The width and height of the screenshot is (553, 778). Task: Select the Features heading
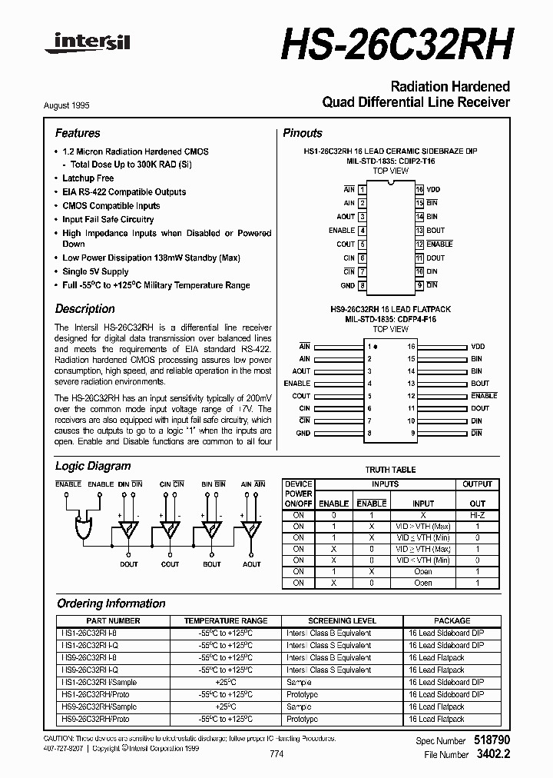pos(78,133)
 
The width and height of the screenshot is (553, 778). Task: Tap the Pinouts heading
pos(303,133)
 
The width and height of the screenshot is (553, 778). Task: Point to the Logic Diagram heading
pos(93,466)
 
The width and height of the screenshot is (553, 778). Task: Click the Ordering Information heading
pos(111,603)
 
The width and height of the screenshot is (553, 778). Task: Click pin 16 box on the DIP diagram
pos(419,189)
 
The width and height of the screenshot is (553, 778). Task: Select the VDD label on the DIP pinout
pos(434,189)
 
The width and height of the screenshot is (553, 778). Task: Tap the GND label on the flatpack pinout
pos(303,433)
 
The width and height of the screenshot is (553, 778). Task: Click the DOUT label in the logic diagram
pos(129,564)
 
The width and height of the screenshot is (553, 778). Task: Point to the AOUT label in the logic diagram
pos(252,564)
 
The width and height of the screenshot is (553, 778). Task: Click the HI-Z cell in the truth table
pos(477,515)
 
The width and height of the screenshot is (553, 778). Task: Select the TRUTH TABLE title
pos(389,470)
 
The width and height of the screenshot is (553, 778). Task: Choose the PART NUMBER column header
pos(113,620)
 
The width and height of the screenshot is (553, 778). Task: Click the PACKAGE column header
pos(452,620)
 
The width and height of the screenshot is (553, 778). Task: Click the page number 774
pos(276,754)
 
